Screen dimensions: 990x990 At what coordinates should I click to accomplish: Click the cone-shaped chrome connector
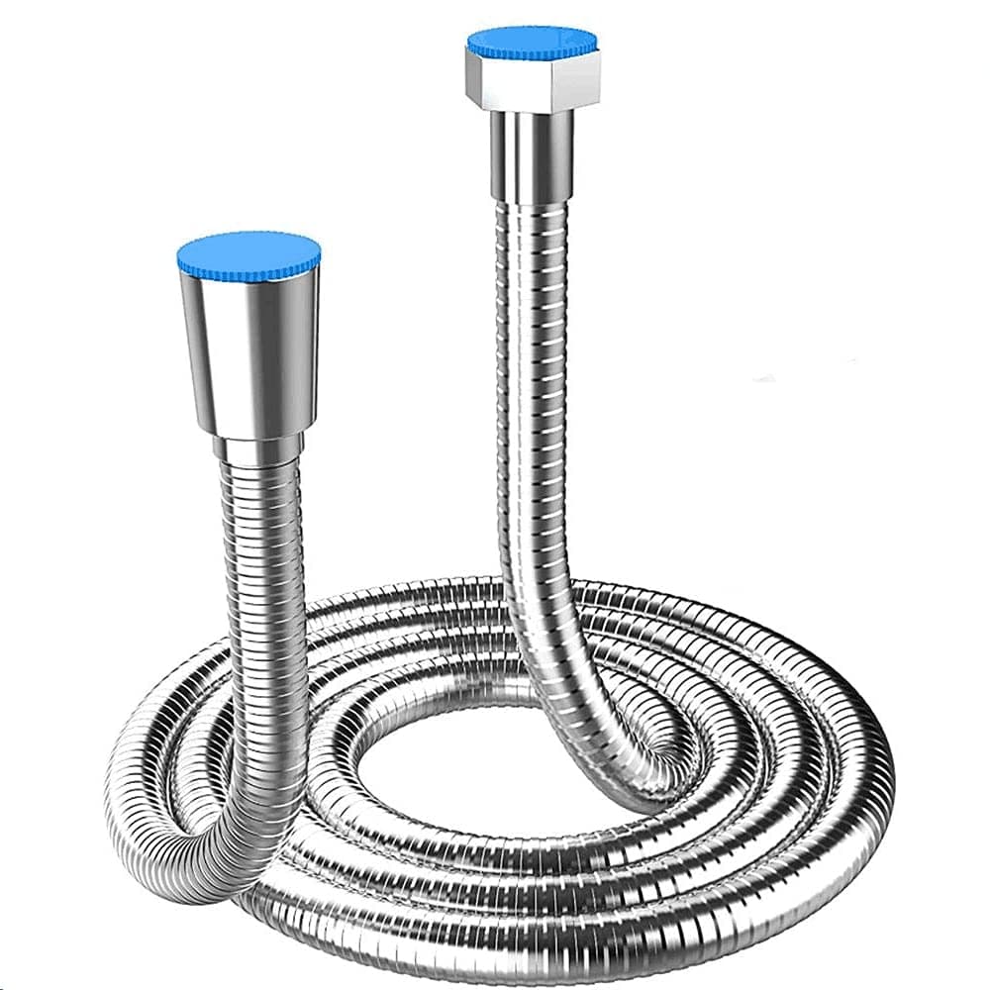pyautogui.click(x=249, y=346)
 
